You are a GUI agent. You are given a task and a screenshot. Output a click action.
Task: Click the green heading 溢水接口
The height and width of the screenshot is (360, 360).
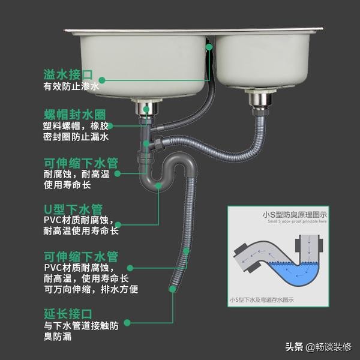pyautogui.click(x=68, y=74)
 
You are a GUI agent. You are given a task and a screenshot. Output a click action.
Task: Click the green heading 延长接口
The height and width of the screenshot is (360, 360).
pyautogui.click(x=68, y=314)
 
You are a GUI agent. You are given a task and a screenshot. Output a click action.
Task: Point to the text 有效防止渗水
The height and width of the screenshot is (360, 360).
pyautogui.click(x=70, y=86)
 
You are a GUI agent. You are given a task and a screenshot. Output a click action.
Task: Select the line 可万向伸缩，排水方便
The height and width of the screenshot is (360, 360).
pyautogui.click(x=91, y=289)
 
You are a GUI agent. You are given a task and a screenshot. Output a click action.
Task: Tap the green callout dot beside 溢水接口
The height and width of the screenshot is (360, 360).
pyautogui.click(x=102, y=79)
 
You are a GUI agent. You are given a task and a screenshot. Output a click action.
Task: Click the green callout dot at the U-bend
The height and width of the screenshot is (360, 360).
pyautogui.click(x=158, y=185)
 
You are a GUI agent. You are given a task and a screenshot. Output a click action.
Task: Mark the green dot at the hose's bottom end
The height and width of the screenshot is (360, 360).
pyautogui.click(x=173, y=289)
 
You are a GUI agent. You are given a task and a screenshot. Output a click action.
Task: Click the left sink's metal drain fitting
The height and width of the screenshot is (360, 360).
pyautogui.click(x=146, y=109)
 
